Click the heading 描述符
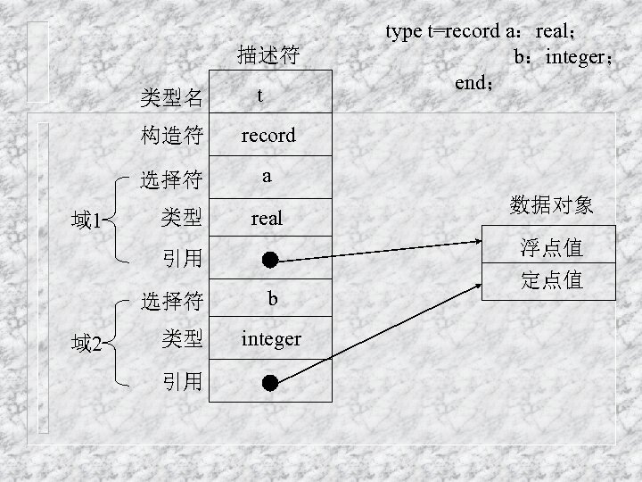pos(267,56)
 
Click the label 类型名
pos(171,95)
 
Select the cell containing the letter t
pos(259,95)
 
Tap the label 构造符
pos(171,136)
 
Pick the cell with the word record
pos(268,136)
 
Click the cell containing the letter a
pos(267,177)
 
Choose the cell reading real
pos(267,218)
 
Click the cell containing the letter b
pos(272,298)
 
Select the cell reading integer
pos(271,339)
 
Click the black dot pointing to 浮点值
pos(270,260)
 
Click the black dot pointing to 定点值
pos(270,382)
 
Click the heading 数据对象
pos(551,206)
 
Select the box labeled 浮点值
pos(551,245)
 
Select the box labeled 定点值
pos(551,280)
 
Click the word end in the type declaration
pos(471,83)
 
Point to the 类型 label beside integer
pos(181,339)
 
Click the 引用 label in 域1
pos(181,259)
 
